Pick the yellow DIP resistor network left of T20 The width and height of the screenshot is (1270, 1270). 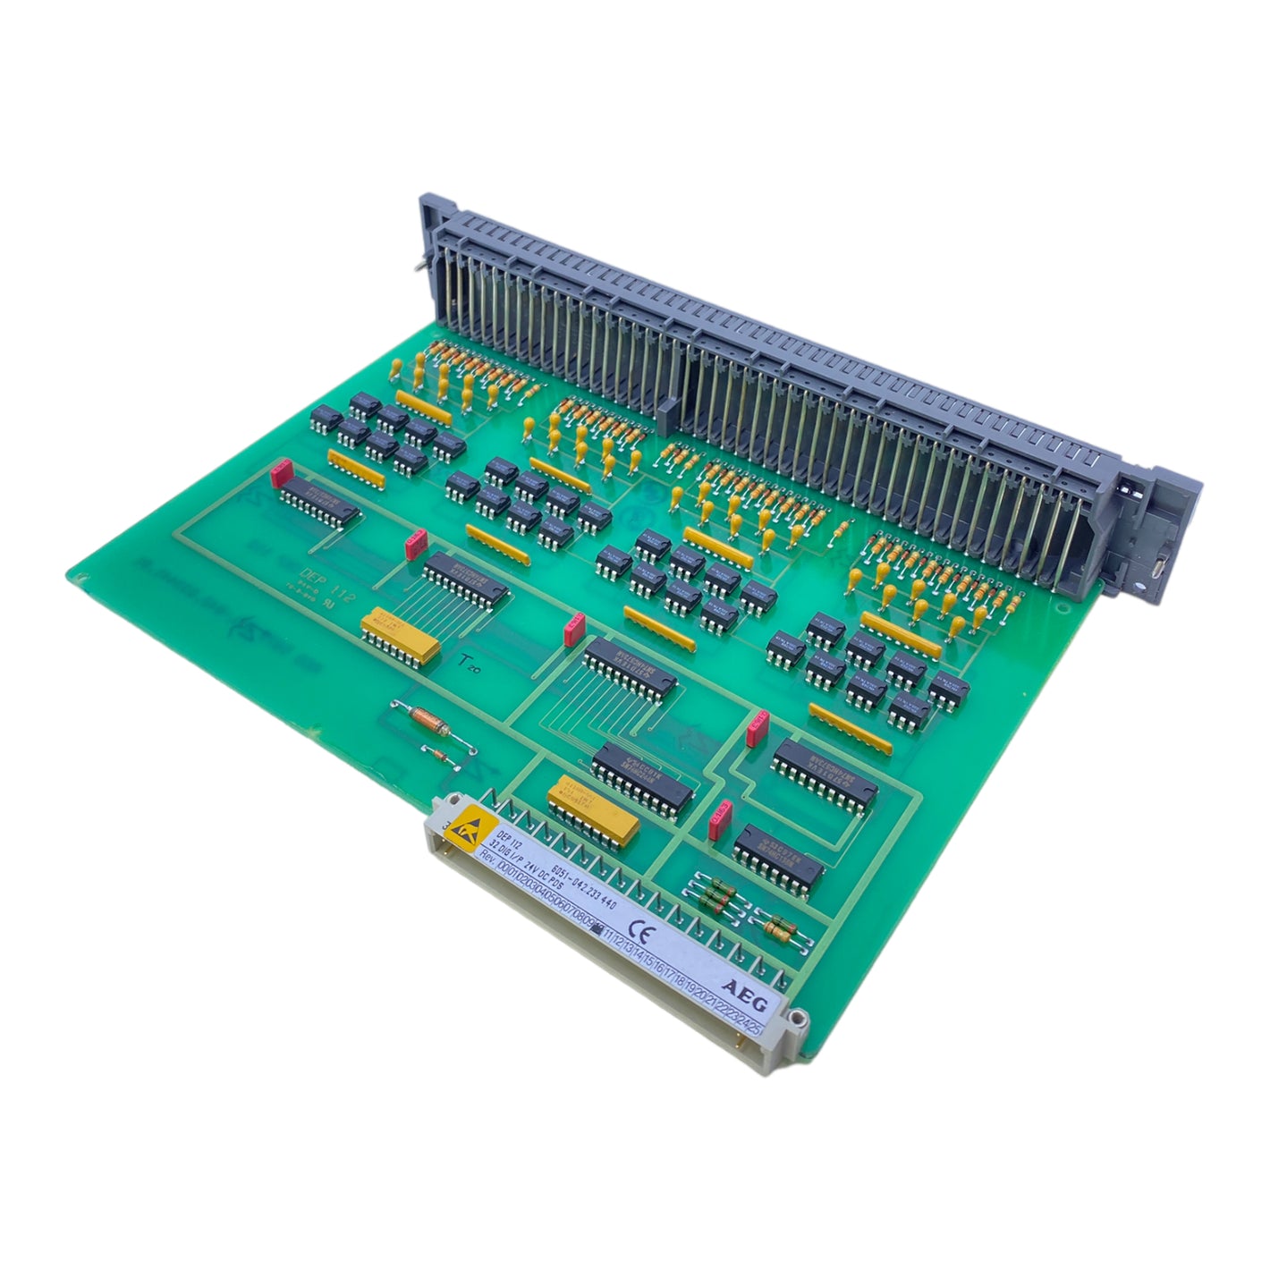coord(400,636)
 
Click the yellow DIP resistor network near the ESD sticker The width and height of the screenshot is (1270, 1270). coord(595,809)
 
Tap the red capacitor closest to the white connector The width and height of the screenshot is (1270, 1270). coord(721,819)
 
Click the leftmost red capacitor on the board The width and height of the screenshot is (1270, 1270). coord(282,470)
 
